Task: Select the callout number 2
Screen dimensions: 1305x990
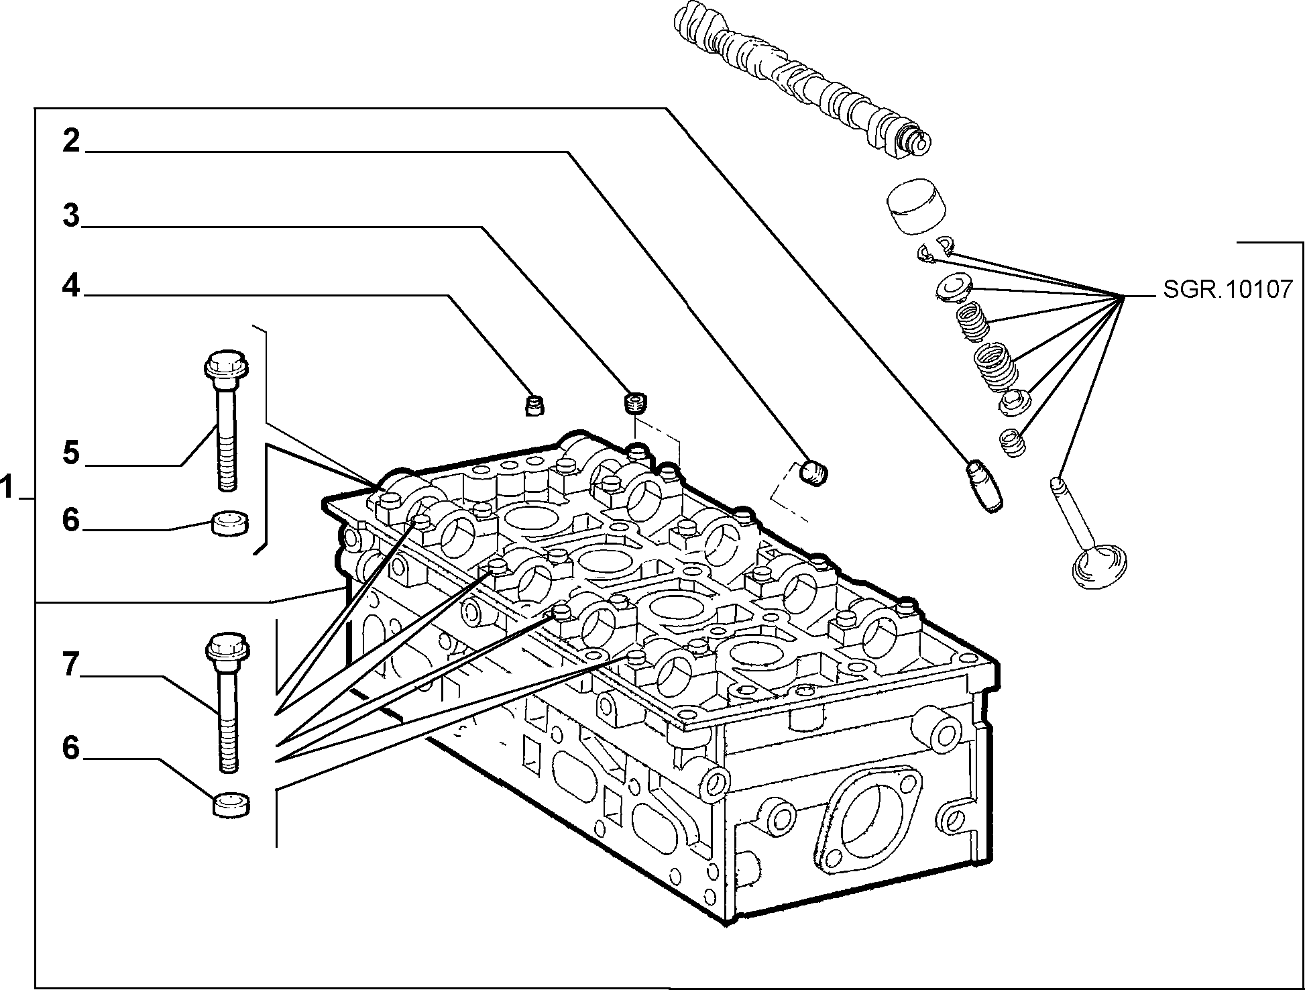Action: click(x=71, y=141)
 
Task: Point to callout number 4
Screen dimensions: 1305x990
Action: click(x=71, y=286)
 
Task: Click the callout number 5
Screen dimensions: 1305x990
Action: click(x=71, y=452)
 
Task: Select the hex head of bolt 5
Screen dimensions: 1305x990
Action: click(x=225, y=365)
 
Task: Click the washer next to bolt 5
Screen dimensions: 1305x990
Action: click(x=230, y=522)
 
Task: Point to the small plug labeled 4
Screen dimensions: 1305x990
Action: click(x=534, y=405)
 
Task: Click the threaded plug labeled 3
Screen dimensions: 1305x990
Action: click(x=634, y=404)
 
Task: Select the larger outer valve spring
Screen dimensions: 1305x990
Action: click(x=995, y=366)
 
